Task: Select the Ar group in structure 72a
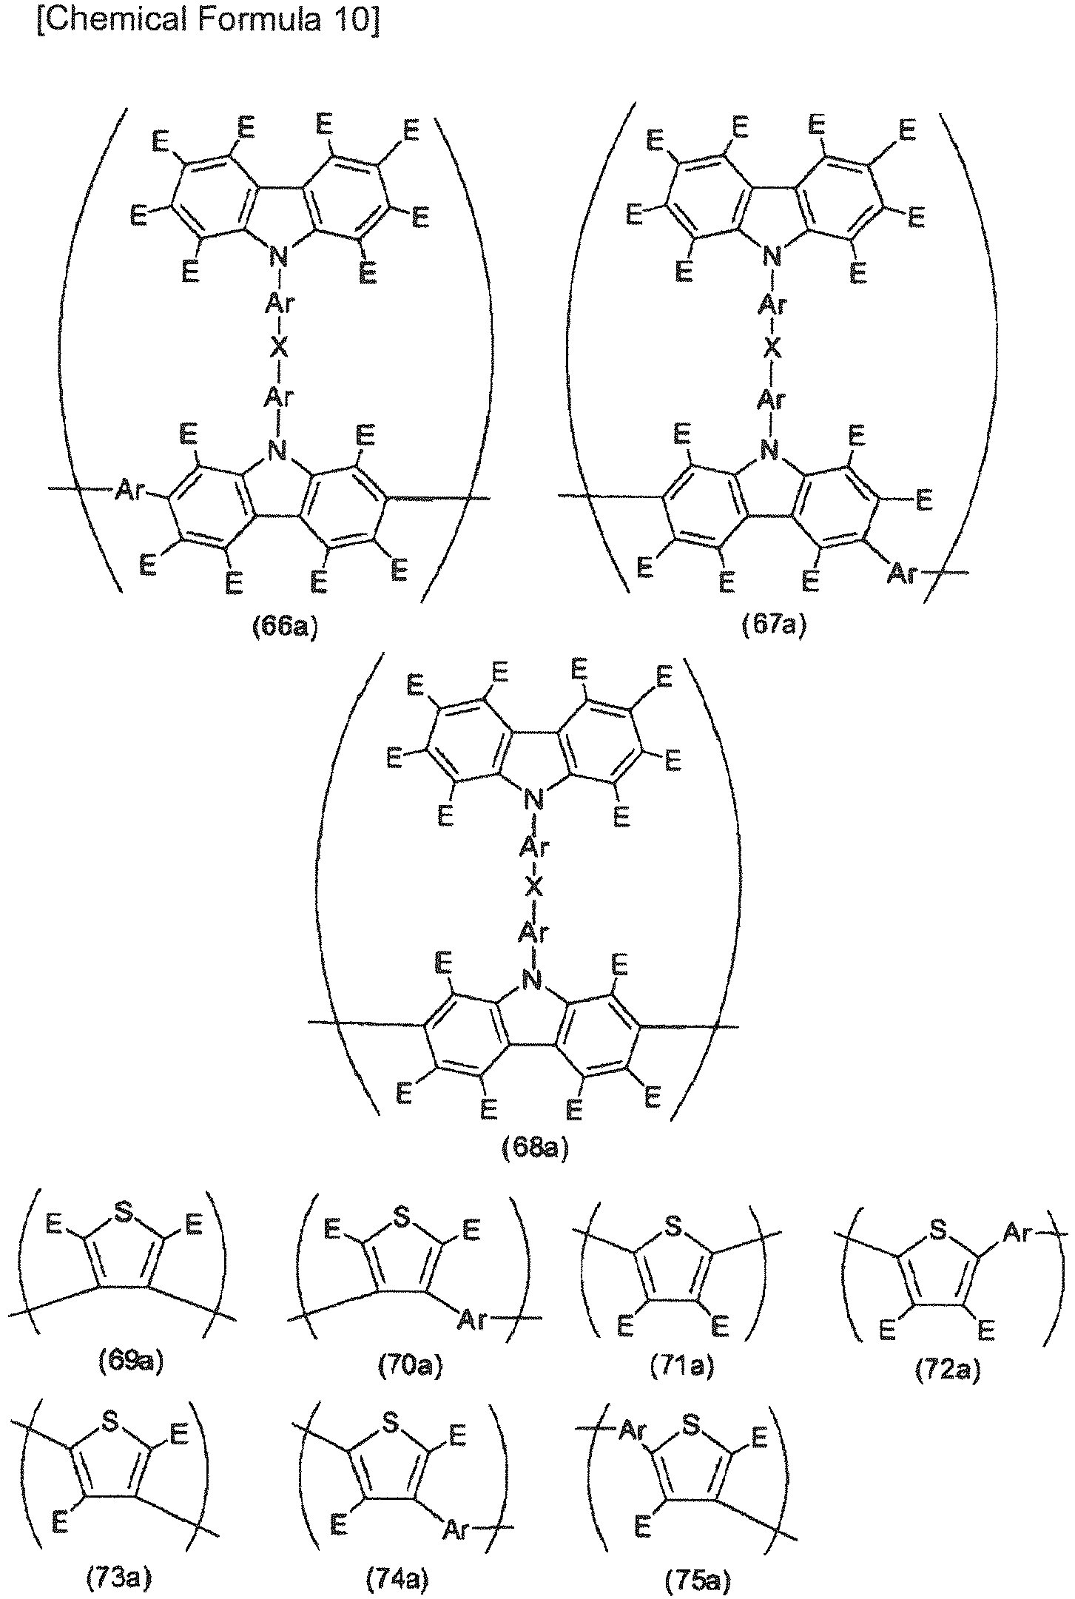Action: coord(1017,1233)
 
